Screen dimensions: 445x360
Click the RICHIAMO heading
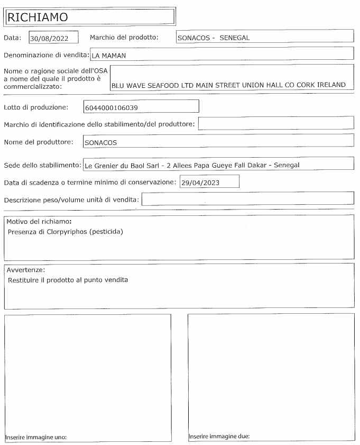click(x=37, y=17)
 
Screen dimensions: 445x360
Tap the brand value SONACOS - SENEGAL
click(x=213, y=38)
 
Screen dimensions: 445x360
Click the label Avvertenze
click(x=26, y=270)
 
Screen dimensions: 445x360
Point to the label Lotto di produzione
click(x=36, y=107)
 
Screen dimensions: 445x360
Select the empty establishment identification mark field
click(x=275, y=124)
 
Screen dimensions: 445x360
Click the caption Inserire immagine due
click(x=219, y=437)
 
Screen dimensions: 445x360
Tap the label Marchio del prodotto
click(x=124, y=38)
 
